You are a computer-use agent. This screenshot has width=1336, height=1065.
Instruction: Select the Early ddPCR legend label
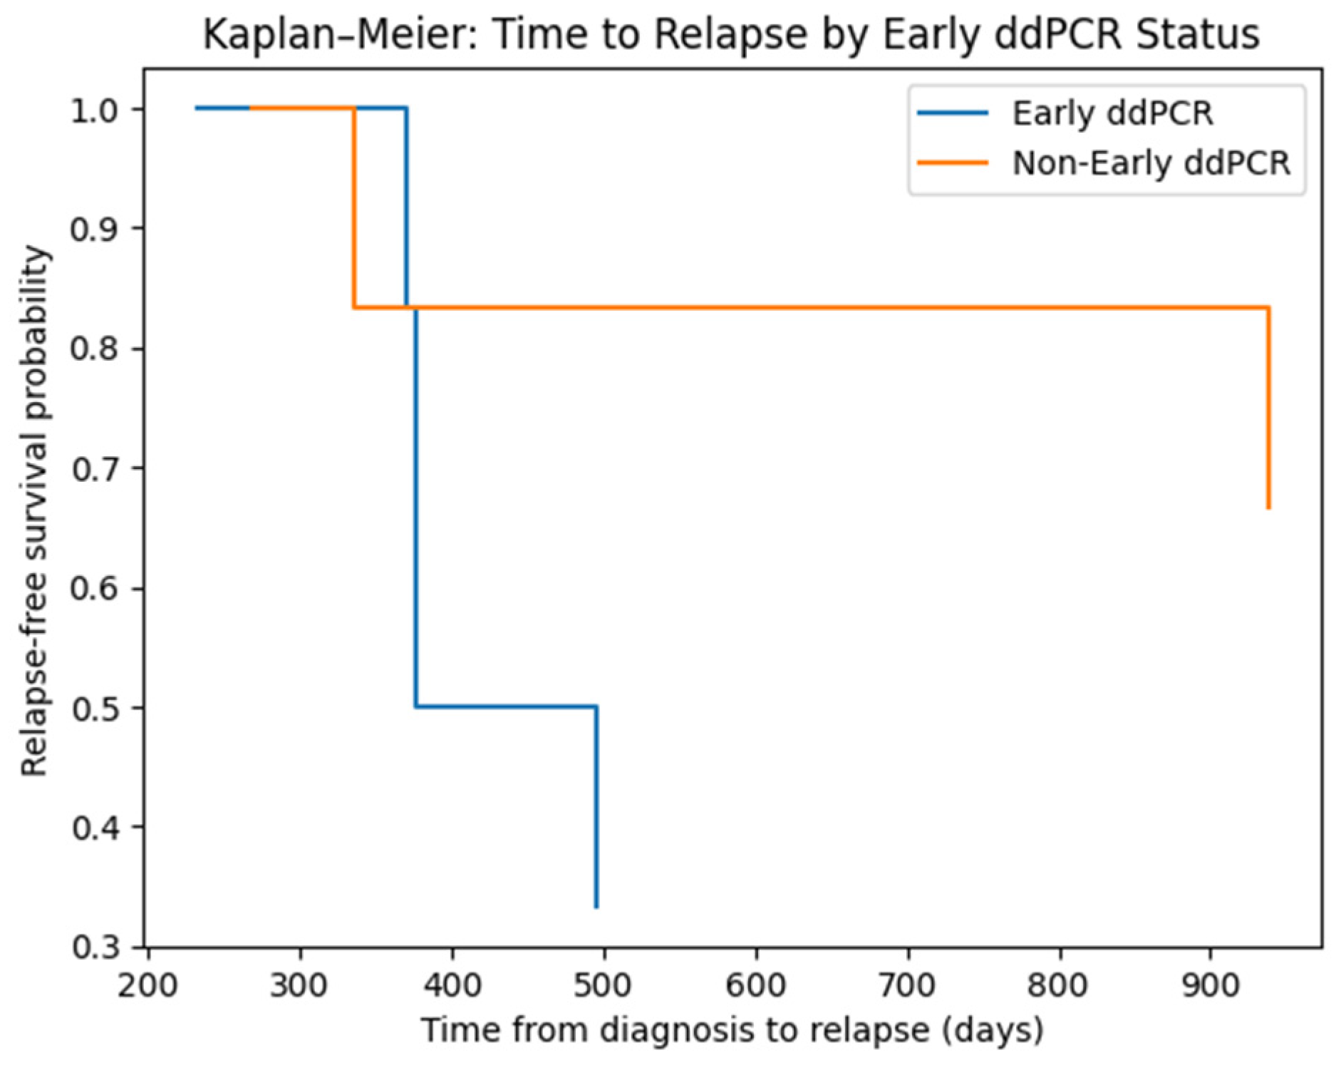click(1112, 114)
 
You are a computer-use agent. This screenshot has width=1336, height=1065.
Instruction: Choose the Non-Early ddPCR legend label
click(1151, 163)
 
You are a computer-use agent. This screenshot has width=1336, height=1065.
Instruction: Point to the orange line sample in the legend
click(953, 163)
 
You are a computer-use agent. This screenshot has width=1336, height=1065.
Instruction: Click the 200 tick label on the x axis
click(147, 985)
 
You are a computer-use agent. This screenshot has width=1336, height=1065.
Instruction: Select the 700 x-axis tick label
click(908, 985)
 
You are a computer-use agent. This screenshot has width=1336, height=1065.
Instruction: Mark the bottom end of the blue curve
click(596, 905)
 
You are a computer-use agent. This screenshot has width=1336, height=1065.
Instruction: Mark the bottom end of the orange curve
click(1269, 507)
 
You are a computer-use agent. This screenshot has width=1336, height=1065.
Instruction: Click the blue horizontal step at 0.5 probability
click(506, 706)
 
